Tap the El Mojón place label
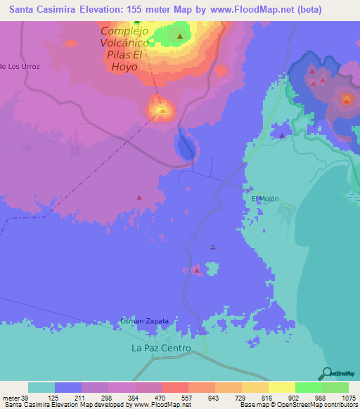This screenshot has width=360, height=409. coord(265,199)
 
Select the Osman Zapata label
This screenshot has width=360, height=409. coord(145,321)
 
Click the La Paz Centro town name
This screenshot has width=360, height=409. coord(161,348)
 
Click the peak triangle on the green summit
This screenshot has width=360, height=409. coord(181,37)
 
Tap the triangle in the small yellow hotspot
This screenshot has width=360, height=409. coord(162,110)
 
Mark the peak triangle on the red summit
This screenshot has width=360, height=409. coord(346,100)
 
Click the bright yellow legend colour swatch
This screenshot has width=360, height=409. coord(281,387)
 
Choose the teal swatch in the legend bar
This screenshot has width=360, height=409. coord(41,387)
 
